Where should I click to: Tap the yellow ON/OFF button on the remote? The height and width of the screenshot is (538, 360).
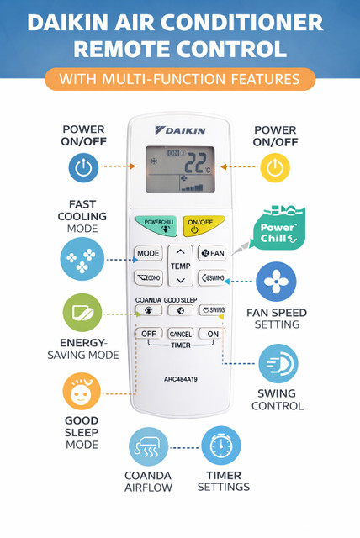pyautogui.click(x=203, y=225)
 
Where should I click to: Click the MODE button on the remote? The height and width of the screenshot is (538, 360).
pyautogui.click(x=148, y=253)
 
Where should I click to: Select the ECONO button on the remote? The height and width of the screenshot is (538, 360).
pyautogui.click(x=148, y=277)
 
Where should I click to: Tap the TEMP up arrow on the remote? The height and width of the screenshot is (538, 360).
pyautogui.click(x=180, y=252)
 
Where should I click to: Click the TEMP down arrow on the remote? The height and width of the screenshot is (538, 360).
pyautogui.click(x=181, y=281)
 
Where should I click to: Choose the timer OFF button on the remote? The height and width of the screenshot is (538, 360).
pyautogui.click(x=149, y=334)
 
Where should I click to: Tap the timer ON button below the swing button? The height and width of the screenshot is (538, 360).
pyautogui.click(x=213, y=334)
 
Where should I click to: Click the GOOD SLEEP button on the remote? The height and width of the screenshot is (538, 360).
pyautogui.click(x=181, y=310)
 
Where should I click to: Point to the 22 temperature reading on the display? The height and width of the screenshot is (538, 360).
pyautogui.click(x=196, y=162)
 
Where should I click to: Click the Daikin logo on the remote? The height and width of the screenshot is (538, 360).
pyautogui.click(x=180, y=131)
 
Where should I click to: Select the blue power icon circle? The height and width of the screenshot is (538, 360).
pyautogui.click(x=83, y=167)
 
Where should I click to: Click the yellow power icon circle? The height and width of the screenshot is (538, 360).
pyautogui.click(x=275, y=167)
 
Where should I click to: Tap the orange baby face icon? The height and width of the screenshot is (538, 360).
pyautogui.click(x=82, y=392)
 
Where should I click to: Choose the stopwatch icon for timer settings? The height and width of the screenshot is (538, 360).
pyautogui.click(x=221, y=446)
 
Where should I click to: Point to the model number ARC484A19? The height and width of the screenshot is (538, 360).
pyautogui.click(x=181, y=379)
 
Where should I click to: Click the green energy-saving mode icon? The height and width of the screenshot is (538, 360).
pyautogui.click(x=82, y=312)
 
